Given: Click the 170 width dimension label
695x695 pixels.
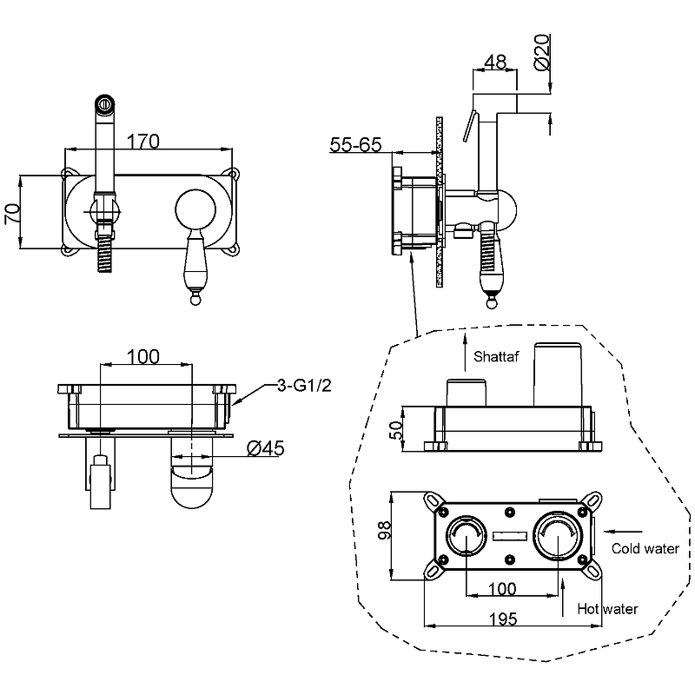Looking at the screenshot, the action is (142, 142).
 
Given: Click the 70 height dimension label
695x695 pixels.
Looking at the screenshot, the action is (12, 214).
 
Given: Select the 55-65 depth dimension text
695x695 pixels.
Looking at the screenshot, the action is (355, 144).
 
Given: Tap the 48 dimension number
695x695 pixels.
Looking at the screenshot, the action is (495, 62).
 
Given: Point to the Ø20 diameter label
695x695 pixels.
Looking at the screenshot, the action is (541, 52).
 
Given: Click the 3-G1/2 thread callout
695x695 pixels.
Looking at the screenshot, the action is (304, 385).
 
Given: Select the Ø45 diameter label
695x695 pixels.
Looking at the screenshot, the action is (266, 448).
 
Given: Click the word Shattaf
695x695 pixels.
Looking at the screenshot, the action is (496, 356).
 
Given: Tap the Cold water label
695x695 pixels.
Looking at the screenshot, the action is (645, 549).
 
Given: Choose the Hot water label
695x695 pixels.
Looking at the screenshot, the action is (607, 609).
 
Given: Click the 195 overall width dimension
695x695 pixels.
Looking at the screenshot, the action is (503, 619).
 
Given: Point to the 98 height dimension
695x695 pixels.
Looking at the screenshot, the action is (384, 530).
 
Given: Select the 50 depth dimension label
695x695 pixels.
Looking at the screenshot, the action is (396, 430).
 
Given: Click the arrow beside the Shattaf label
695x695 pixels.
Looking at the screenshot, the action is (465, 353).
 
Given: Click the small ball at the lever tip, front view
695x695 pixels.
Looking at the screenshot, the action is (195, 300).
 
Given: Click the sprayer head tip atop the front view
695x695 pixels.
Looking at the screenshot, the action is (105, 103).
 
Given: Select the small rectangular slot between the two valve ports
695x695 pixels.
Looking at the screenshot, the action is (510, 536).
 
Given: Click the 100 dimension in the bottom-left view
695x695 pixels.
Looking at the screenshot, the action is (142, 356).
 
